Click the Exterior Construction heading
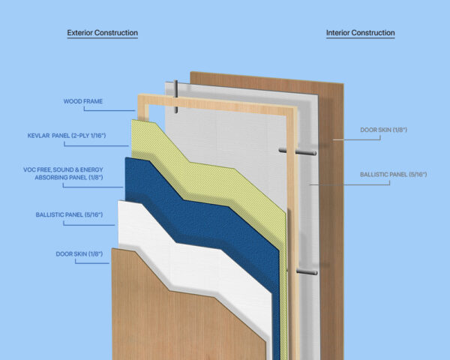pos(103,33)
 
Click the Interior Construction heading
pos(361,33)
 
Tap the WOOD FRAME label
pos(83,101)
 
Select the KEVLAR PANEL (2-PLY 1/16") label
pos(67,136)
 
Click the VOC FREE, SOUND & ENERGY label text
pos(63,169)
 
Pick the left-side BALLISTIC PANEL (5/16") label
pos(69,214)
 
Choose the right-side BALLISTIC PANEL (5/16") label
pos(394,175)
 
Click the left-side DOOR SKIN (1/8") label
pos(79,254)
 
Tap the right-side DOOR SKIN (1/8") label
pos(384,130)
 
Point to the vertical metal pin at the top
pos(176,97)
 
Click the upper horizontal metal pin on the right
pos(298,151)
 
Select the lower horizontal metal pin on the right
pos(307,271)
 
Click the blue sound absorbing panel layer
pos(201,221)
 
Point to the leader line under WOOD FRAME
pos(109,110)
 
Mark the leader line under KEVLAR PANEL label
pos(97,145)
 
